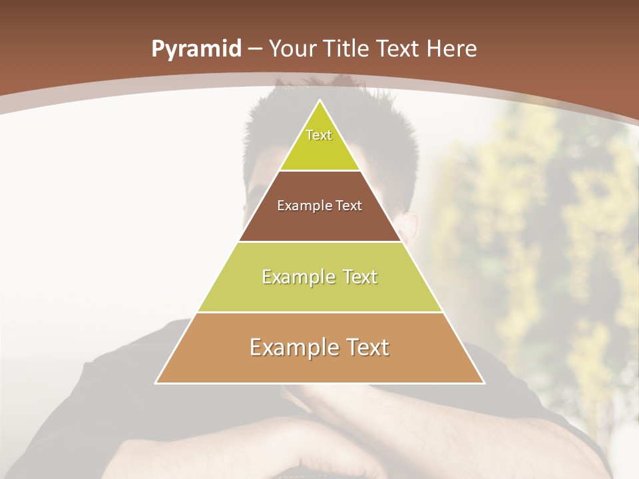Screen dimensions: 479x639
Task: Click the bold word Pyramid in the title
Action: [x=196, y=49]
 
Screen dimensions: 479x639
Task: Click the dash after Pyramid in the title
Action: [x=255, y=49]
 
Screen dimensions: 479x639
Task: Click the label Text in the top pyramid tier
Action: [x=319, y=135]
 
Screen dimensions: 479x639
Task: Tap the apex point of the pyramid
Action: [x=320, y=100]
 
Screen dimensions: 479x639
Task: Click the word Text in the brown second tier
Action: [x=349, y=206]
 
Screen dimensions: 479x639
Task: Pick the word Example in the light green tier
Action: [x=294, y=277]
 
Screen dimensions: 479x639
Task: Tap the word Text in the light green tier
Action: [x=360, y=277]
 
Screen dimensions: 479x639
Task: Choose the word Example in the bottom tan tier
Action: [x=288, y=347]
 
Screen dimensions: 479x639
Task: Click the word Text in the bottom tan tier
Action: [x=367, y=347]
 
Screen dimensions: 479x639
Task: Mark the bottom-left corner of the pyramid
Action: [x=156, y=383]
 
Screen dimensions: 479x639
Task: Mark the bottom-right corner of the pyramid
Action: [x=484, y=383]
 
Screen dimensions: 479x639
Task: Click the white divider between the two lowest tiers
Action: [x=320, y=312]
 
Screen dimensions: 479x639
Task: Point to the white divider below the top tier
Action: [x=320, y=171]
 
